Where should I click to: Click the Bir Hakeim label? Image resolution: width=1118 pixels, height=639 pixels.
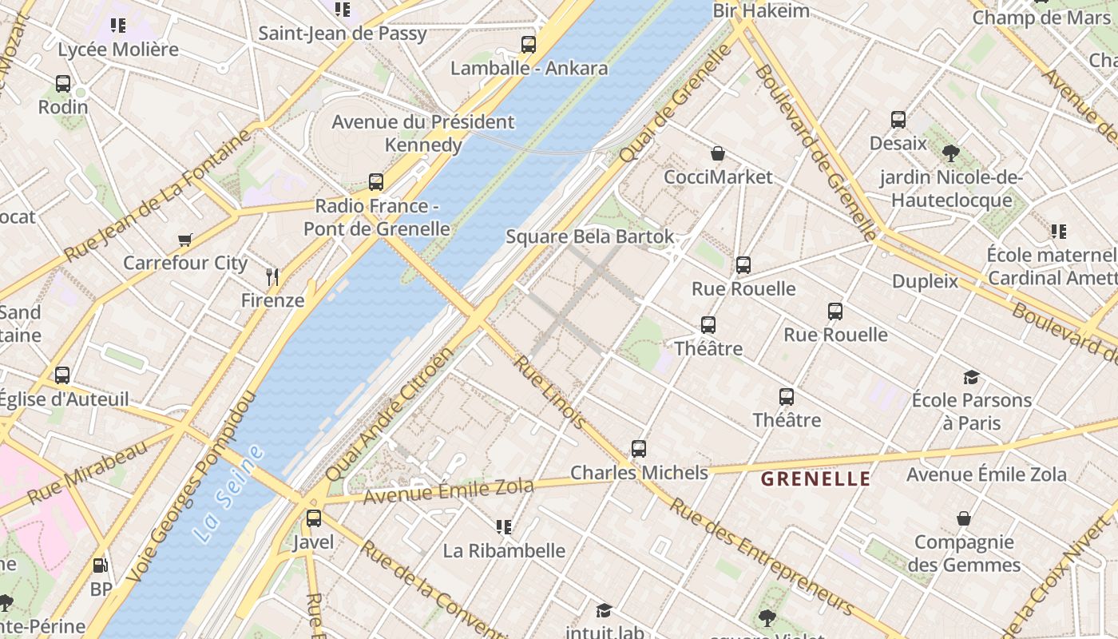[x=761, y=10]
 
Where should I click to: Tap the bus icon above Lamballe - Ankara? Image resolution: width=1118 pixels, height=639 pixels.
[x=529, y=45]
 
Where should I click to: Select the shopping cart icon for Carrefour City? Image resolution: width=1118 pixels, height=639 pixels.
[x=185, y=240]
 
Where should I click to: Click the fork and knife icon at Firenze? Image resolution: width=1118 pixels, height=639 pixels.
[x=273, y=278]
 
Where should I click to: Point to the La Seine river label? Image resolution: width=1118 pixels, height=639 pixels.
[x=228, y=494]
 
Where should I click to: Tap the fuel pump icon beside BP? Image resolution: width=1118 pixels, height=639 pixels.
[x=101, y=566]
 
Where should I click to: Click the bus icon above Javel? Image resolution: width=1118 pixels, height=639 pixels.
[x=314, y=518]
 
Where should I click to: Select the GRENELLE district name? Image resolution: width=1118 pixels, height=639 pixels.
[x=815, y=479]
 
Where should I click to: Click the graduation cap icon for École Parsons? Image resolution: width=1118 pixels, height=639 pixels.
[x=971, y=377]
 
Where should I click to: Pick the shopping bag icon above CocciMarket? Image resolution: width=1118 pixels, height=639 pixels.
[x=718, y=153]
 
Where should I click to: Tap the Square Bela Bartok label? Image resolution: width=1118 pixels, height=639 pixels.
[x=590, y=237]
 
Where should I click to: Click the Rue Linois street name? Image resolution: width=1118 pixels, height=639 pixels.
[x=549, y=393]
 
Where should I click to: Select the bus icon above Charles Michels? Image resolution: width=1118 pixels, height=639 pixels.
[x=639, y=449]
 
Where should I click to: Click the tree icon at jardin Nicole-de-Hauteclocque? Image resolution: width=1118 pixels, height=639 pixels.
[x=950, y=153]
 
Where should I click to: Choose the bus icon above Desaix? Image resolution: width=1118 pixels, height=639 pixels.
[x=898, y=120]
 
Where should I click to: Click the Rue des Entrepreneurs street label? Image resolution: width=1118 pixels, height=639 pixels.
[x=761, y=556]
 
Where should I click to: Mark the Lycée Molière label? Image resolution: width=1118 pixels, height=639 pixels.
[x=118, y=50]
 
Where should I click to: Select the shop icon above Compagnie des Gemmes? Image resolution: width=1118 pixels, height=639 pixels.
[x=964, y=519]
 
